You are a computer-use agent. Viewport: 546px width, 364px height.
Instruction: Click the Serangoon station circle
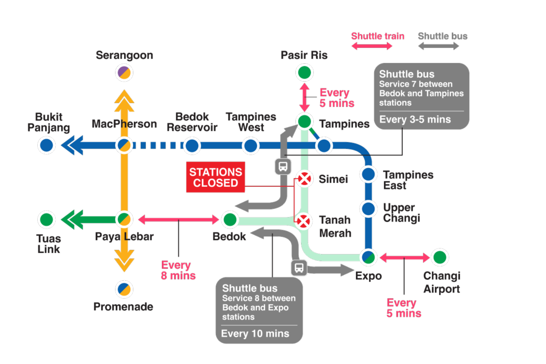point(124,73)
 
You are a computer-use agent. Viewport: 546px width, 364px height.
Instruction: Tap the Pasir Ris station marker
point(304,73)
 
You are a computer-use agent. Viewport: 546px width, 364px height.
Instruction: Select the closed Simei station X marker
point(304,179)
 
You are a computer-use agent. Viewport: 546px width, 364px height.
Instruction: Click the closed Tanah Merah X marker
point(304,221)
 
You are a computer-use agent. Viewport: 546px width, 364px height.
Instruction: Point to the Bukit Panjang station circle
point(46,145)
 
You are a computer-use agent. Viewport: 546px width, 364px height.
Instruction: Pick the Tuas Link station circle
point(46,220)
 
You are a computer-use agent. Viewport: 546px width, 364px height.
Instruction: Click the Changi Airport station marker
point(440,257)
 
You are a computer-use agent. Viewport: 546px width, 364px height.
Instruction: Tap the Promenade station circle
point(124,289)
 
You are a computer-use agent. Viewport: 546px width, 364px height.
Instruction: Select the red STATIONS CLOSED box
point(216,177)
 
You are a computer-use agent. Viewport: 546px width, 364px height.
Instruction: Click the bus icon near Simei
point(283,166)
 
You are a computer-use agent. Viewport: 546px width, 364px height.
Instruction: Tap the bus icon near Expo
point(299,268)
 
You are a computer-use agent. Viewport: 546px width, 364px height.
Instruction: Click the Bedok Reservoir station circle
point(191,146)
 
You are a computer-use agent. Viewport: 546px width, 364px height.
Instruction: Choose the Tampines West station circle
point(250,146)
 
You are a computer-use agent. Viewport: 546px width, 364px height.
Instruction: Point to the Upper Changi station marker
point(368,209)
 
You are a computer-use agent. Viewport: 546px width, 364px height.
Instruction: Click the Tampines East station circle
point(368,174)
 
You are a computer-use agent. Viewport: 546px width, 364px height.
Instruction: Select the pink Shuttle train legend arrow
point(372,46)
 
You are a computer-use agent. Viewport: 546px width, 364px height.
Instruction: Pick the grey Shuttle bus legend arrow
point(439,46)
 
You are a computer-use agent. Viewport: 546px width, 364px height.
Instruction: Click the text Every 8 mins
point(178,271)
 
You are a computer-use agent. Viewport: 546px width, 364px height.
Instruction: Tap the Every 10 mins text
point(255,333)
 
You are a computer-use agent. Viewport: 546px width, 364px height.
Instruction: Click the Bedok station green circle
point(230,220)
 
